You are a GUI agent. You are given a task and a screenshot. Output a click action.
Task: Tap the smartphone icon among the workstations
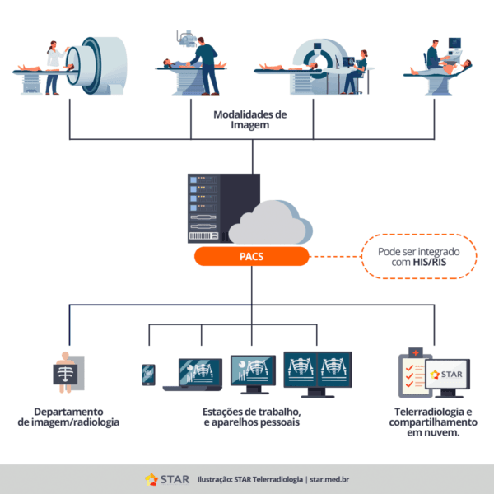click(148, 375)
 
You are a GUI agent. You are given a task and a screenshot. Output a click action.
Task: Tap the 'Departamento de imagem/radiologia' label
click(68, 417)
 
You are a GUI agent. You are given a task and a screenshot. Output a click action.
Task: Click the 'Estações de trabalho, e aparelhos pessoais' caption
click(251, 417)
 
